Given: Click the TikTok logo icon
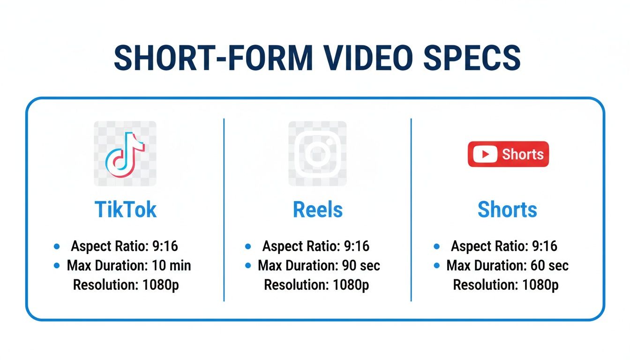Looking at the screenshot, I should [125, 154].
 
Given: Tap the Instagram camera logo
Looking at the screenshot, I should [317, 154].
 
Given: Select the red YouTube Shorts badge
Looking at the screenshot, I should [508, 154].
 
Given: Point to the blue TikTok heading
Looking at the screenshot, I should [125, 210].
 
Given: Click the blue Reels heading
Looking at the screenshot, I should [317, 210].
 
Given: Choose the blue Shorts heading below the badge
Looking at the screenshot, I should [507, 210].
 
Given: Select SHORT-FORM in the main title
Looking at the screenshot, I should [213, 58].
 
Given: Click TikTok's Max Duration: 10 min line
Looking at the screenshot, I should [129, 266].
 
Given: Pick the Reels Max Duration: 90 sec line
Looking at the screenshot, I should [319, 266].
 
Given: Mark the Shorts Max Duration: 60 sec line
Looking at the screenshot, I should [507, 266].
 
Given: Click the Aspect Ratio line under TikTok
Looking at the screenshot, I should [124, 246].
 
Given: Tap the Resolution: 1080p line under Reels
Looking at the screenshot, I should [316, 285].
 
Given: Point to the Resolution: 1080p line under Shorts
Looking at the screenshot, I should [506, 285].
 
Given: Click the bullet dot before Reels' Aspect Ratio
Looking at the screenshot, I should [247, 246].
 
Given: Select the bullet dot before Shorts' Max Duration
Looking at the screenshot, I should [437, 266].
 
